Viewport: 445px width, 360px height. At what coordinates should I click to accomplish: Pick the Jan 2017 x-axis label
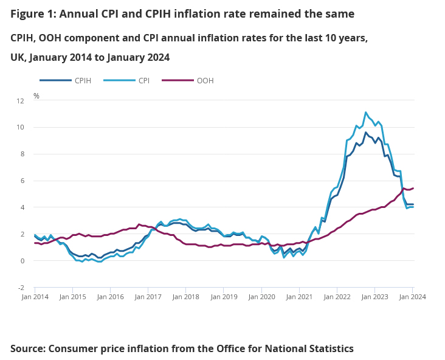[148, 297]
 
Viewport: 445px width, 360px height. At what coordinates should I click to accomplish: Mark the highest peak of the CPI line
[365, 112]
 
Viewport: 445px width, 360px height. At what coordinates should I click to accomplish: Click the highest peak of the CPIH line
[365, 133]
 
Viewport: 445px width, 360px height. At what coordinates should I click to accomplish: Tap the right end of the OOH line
[413, 189]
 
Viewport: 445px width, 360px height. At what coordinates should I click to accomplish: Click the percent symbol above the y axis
[36, 96]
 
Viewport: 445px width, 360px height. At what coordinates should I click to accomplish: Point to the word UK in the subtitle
[18, 57]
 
